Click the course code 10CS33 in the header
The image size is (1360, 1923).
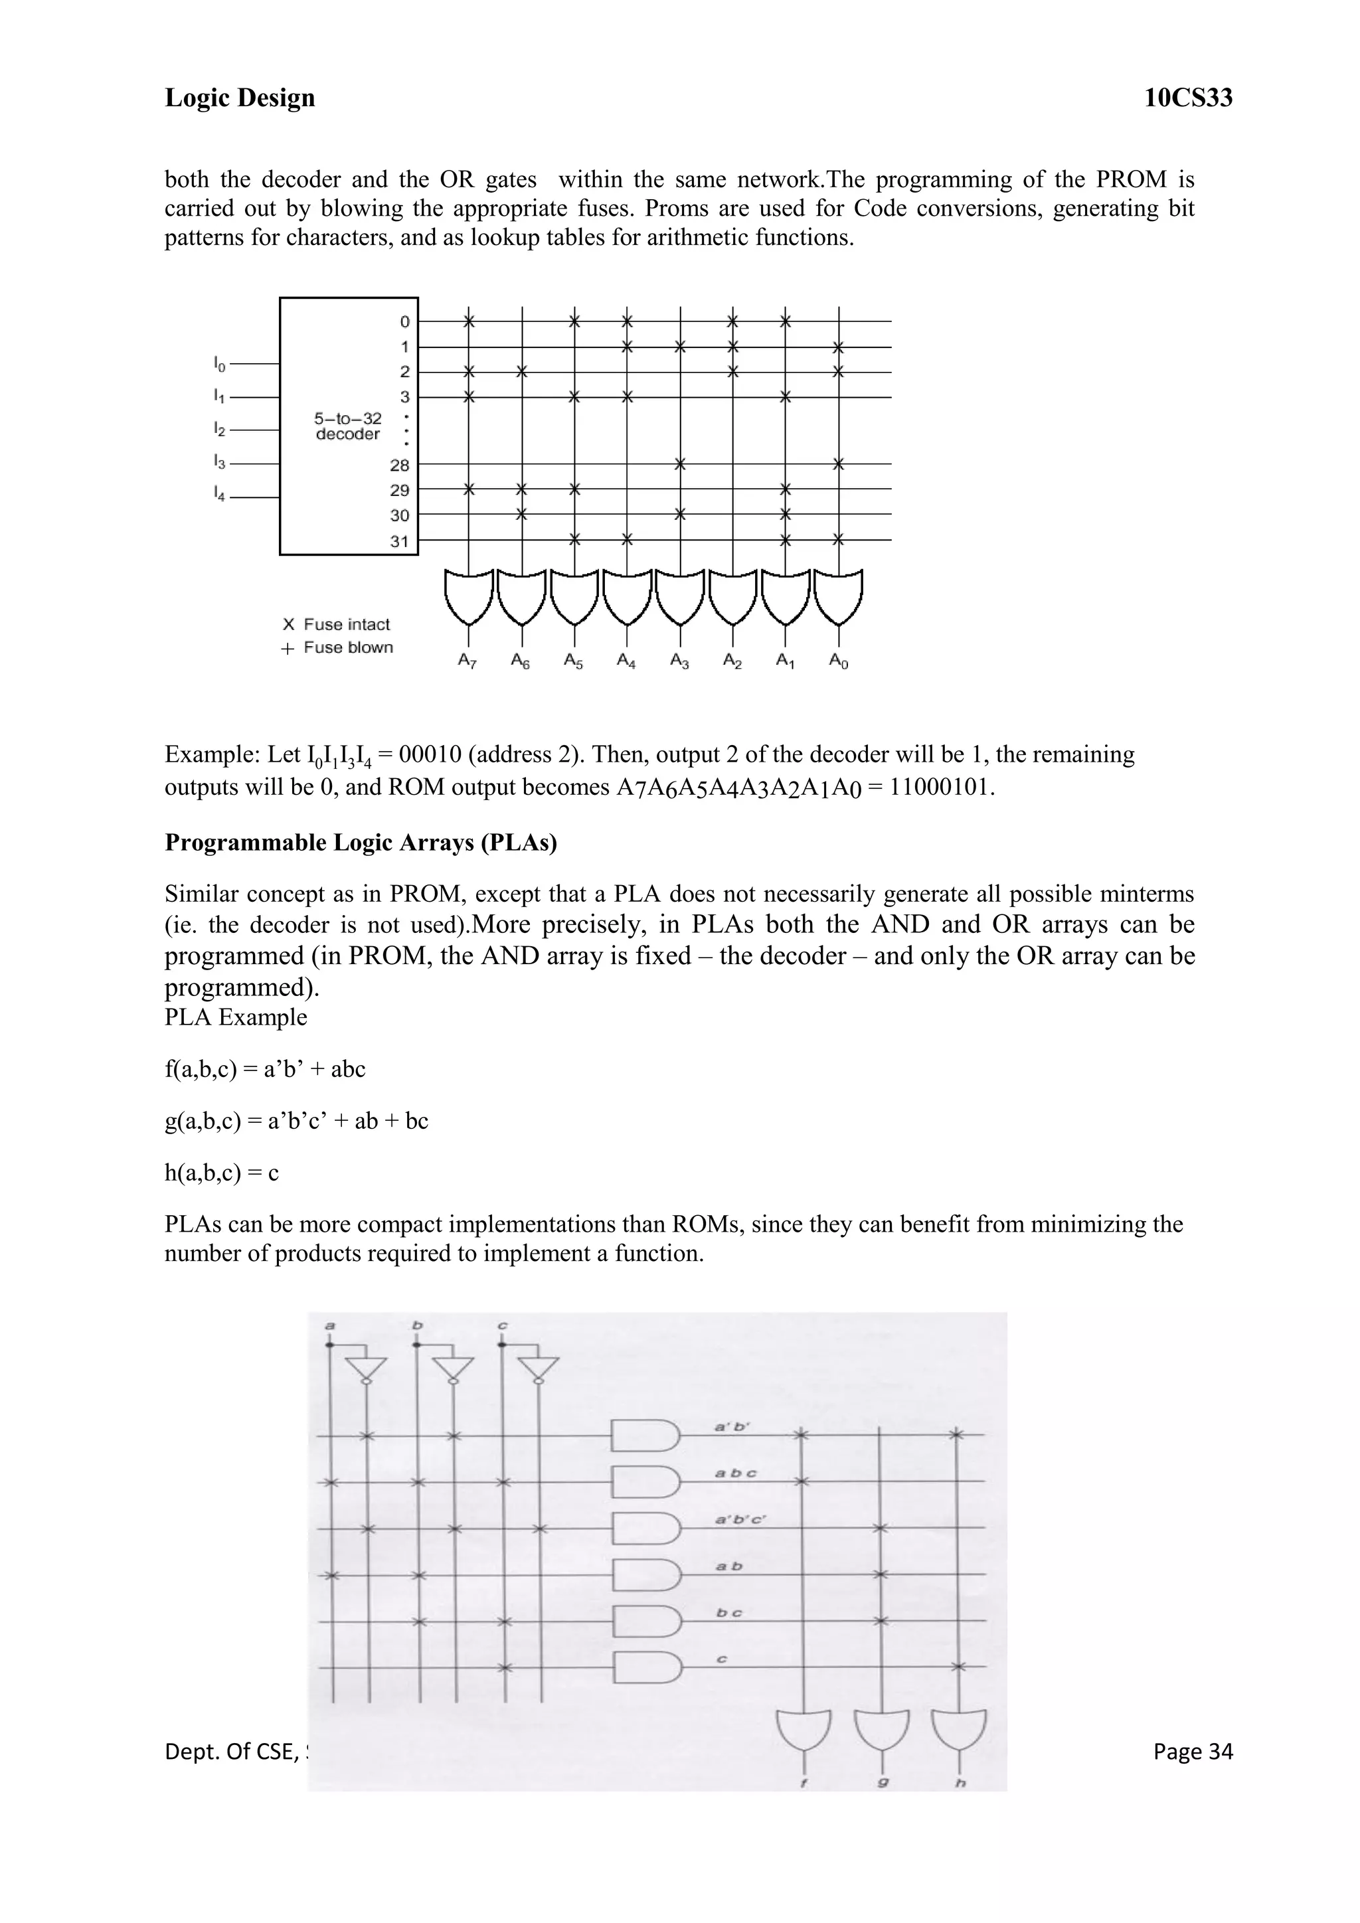pos(1187,98)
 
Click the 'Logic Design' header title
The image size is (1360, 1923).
pos(240,98)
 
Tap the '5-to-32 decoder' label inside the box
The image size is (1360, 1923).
pos(347,426)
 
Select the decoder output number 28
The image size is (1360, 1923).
pos(400,465)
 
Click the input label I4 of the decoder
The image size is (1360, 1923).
pos(219,495)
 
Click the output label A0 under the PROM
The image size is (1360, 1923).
pos(838,661)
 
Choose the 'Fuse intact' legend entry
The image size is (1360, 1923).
pos(337,624)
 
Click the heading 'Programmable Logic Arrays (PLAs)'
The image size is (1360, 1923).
pos(361,843)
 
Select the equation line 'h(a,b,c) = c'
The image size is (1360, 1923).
pos(222,1173)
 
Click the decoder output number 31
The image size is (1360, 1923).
pos(400,542)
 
